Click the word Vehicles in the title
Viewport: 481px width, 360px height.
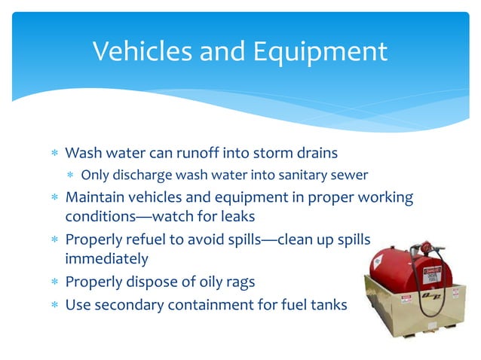(x=144, y=51)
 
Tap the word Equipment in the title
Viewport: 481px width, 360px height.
(x=319, y=51)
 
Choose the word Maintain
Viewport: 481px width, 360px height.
(x=97, y=197)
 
